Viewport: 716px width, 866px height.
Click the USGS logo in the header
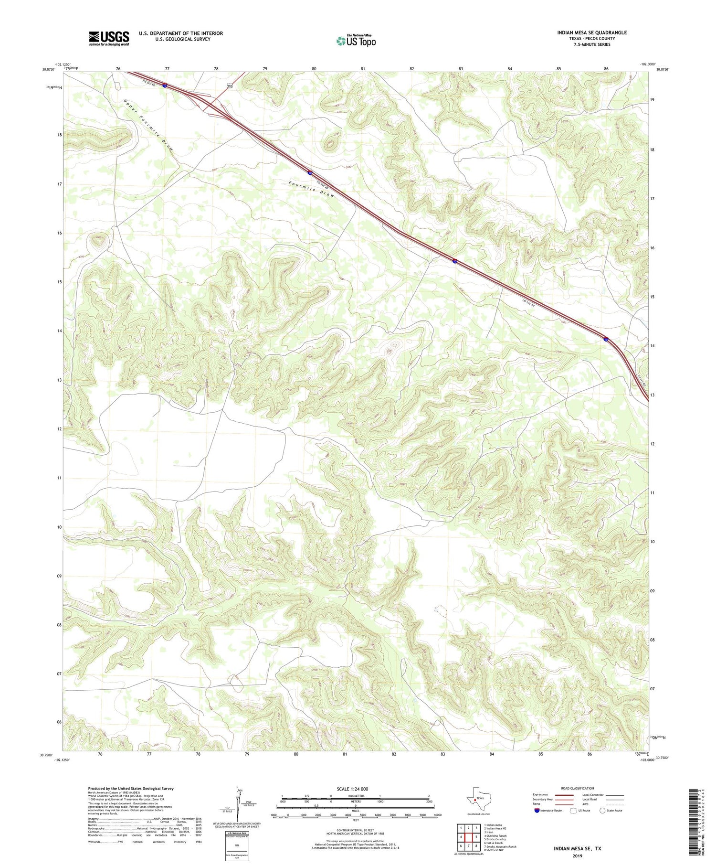click(x=109, y=38)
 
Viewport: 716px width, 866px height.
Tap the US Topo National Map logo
click(x=356, y=41)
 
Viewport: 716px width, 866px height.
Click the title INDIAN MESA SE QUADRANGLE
click(x=591, y=32)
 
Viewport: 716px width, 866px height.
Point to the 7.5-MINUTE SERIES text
click(x=592, y=44)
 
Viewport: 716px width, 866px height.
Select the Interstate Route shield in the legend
click(x=537, y=810)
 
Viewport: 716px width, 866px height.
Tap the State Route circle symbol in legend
click(x=602, y=810)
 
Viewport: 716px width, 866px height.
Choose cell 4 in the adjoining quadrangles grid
click(x=461, y=837)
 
